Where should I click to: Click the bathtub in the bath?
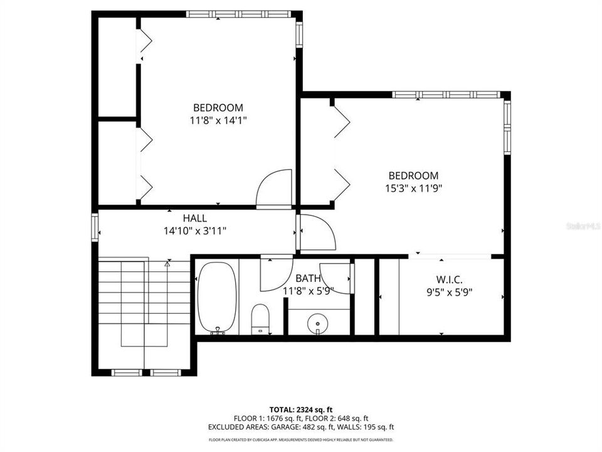217,296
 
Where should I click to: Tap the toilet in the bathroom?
260,318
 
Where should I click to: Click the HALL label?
195,218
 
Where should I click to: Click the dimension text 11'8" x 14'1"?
218,120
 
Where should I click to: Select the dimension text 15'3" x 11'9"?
413,188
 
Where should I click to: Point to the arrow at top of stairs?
167,264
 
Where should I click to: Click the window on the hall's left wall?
95,227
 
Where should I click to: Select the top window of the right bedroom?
446,95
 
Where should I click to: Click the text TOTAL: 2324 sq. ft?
300,408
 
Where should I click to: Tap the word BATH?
308,278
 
